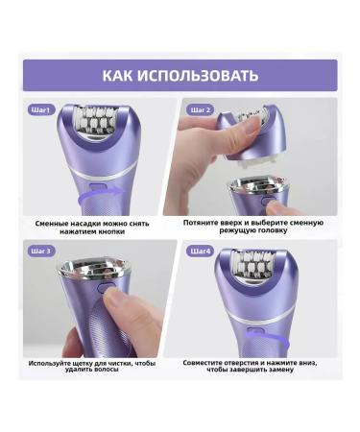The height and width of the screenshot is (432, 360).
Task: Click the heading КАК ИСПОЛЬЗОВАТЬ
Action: click(180, 76)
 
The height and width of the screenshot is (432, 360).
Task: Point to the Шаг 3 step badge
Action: click(41, 252)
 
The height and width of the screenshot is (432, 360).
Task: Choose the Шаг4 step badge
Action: click(201, 252)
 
